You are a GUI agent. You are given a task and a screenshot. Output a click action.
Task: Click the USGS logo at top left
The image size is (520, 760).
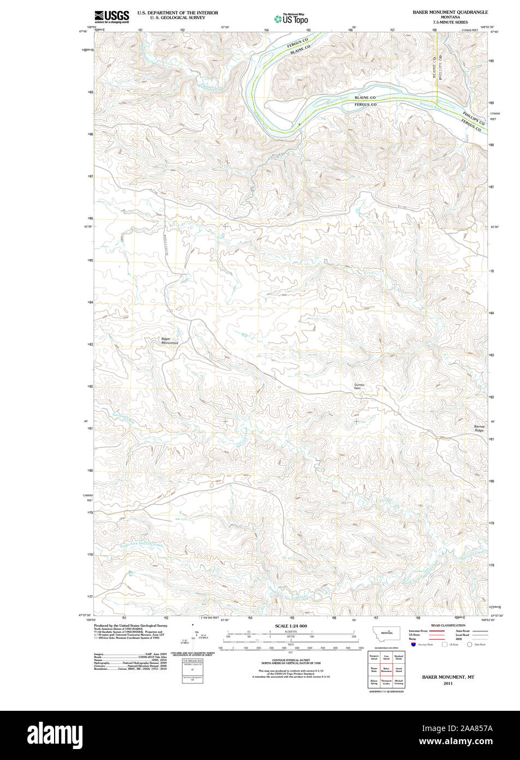click(x=111, y=16)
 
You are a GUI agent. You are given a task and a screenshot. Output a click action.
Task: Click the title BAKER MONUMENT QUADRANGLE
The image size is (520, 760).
click(x=450, y=11)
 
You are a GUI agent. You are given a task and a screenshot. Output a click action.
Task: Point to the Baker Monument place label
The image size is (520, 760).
click(x=169, y=340)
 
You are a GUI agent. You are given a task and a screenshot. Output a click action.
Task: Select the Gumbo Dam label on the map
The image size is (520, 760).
click(x=359, y=387)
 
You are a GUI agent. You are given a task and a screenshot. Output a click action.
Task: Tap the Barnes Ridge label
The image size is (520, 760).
click(x=479, y=428)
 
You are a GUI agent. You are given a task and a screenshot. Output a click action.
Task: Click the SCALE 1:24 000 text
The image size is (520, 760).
click(x=291, y=625)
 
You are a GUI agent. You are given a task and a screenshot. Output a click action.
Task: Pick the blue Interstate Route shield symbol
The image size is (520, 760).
click(x=413, y=644)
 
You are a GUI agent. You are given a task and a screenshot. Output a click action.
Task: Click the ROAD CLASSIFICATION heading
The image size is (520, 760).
click(x=448, y=625)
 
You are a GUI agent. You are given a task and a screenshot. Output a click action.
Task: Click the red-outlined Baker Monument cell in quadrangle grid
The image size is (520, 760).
click(x=386, y=669)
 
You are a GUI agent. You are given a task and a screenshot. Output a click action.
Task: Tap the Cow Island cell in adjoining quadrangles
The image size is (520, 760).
click(x=386, y=658)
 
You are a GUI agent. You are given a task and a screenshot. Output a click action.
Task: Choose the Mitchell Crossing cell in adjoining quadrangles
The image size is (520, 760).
click(x=399, y=682)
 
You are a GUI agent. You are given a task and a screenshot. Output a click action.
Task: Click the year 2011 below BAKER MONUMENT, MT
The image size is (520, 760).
click(x=448, y=683)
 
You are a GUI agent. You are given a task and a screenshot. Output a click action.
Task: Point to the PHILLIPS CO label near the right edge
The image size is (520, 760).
click(x=473, y=118)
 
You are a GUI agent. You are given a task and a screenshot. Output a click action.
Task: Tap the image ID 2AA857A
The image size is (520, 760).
click(x=476, y=728)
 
